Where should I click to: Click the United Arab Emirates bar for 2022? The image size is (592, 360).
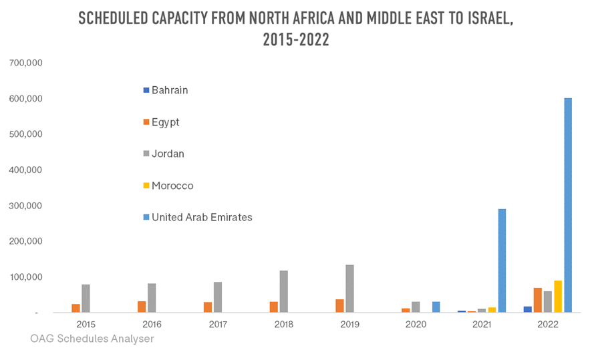pos(568,205)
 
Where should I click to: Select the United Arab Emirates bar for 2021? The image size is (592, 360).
pos(502,260)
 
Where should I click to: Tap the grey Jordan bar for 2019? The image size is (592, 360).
pos(349,289)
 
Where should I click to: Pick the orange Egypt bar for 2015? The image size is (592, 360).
pos(76,308)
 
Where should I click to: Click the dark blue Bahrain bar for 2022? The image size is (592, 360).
pos(527,309)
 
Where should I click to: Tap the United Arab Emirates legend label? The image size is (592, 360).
pos(201,217)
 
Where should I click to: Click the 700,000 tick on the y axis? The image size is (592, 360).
pos(26,63)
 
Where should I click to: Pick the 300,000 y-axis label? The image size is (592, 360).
pos(26,206)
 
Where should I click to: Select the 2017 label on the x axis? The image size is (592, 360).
pos(217,323)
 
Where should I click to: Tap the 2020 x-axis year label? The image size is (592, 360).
pos(415,323)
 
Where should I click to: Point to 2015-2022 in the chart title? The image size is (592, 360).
pos(295,39)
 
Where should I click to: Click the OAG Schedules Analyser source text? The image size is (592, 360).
pos(92,339)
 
